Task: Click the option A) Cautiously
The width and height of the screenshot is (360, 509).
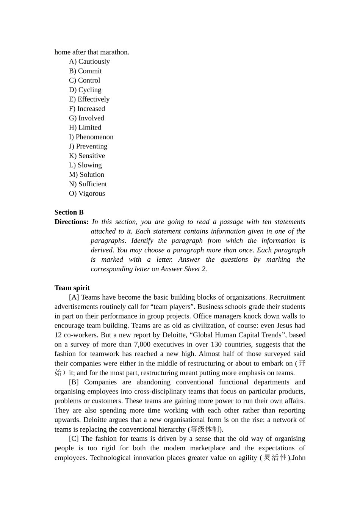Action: tap(89, 61)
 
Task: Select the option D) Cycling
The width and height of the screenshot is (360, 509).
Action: tap(85, 90)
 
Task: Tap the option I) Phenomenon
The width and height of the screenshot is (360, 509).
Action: tap(91, 137)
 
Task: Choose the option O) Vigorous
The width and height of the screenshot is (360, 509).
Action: tap(87, 194)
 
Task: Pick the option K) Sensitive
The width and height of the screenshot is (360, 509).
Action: tap(87, 156)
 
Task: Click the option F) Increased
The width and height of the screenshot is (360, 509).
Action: tap(87, 109)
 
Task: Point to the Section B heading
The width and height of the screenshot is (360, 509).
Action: tap(69, 212)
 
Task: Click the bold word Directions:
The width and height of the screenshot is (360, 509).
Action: tap(71, 222)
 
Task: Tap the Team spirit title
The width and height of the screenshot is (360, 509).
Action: tap(72, 288)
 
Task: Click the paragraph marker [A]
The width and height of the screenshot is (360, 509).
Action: tap(74, 297)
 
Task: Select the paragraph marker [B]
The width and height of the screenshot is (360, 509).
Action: tap(74, 382)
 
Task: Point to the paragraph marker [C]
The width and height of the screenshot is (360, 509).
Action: tap(74, 439)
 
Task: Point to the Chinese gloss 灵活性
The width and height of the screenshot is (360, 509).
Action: tap(275, 457)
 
